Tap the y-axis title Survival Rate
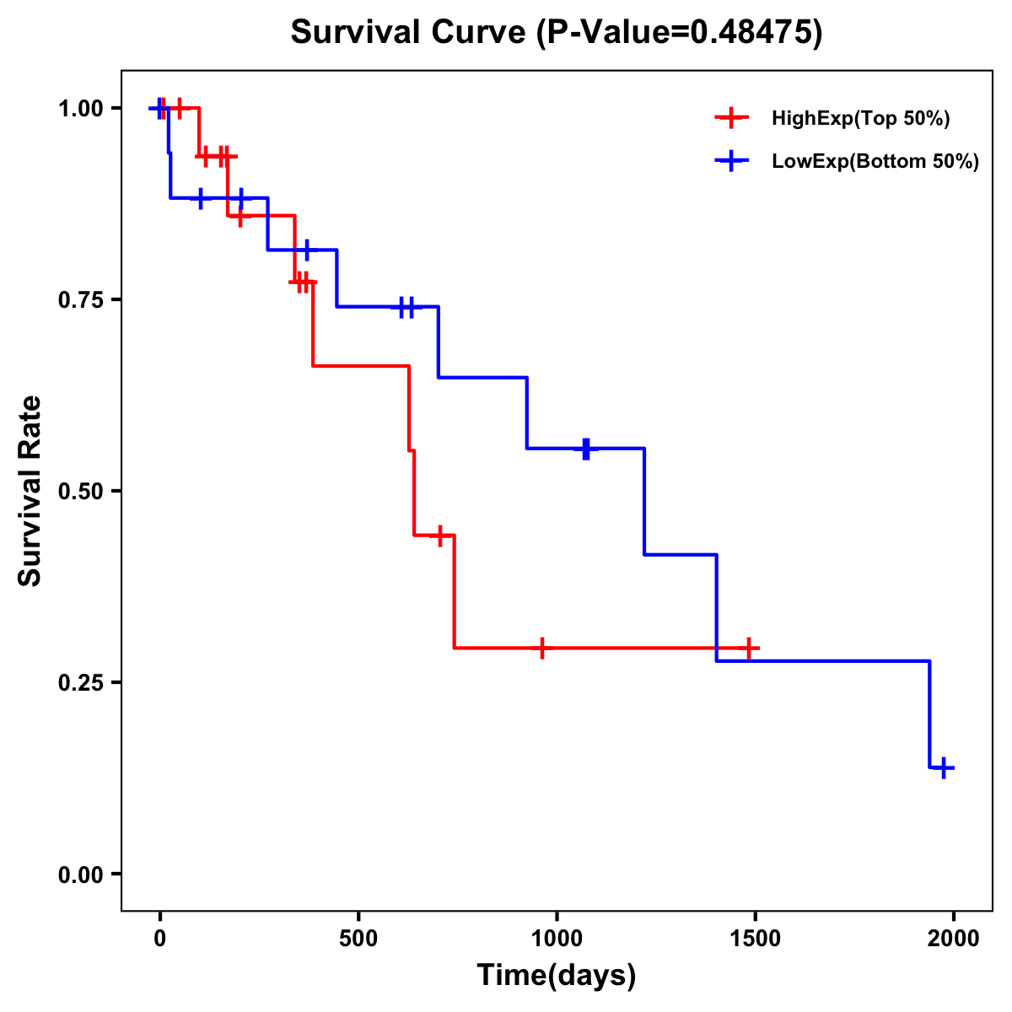click(30, 490)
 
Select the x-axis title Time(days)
click(557, 976)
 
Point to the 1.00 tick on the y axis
click(81, 108)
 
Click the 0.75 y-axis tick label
click(81, 299)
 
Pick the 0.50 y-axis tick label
click(81, 491)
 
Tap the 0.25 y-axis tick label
click(81, 682)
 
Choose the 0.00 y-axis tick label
click(81, 874)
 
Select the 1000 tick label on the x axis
click(557, 939)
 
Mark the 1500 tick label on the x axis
click(755, 939)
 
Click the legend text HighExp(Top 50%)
click(861, 119)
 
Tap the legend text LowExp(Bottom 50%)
click(875, 162)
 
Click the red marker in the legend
click(732, 118)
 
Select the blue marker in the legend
click(732, 161)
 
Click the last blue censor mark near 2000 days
click(944, 767)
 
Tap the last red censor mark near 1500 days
click(748, 648)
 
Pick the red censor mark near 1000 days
click(541, 648)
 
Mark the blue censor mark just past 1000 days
click(586, 449)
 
